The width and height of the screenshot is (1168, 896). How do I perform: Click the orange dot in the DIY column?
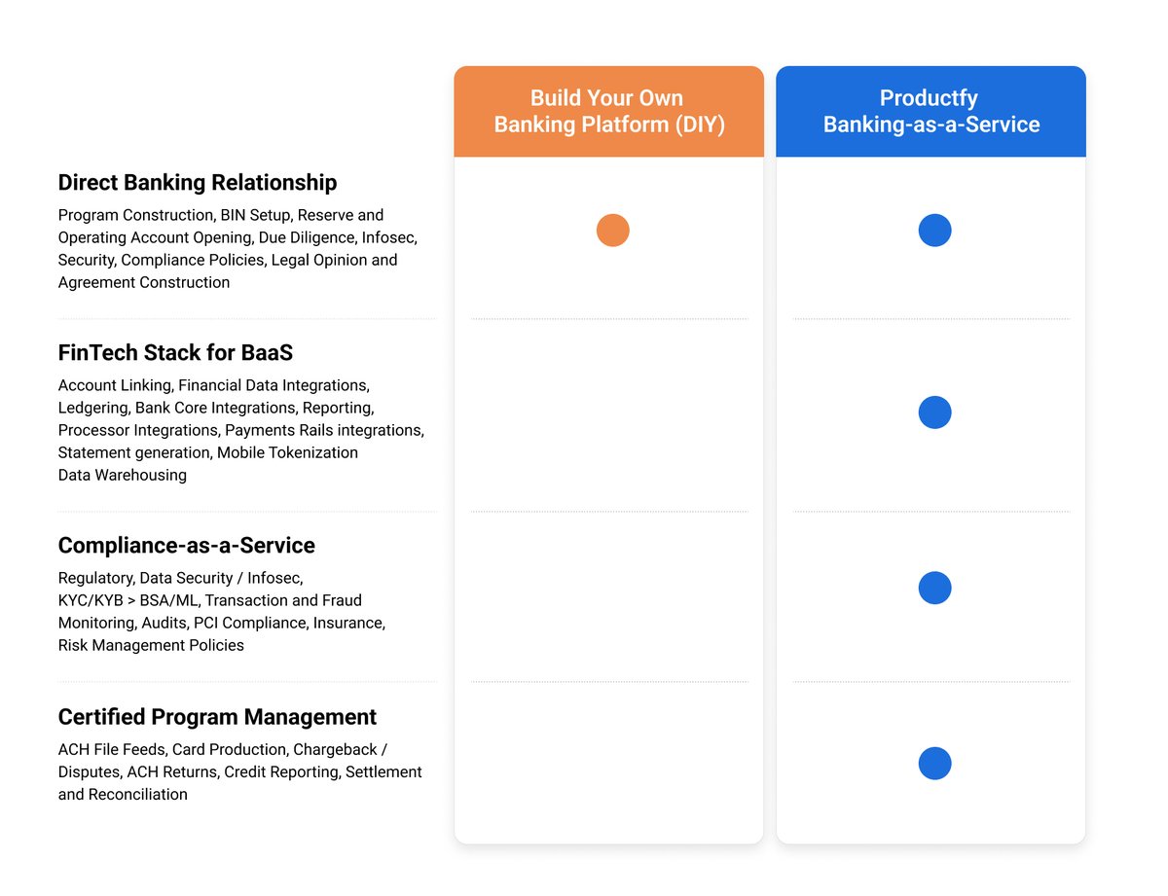(612, 231)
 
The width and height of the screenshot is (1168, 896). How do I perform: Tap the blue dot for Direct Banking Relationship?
(934, 231)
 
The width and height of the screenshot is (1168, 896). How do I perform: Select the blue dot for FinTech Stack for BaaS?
(934, 412)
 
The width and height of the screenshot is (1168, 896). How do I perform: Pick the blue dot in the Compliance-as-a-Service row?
(934, 588)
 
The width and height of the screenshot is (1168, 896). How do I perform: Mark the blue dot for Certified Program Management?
(934, 764)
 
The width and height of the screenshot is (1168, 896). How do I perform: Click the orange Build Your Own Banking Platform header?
(608, 111)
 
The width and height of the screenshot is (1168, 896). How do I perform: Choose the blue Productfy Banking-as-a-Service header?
(931, 111)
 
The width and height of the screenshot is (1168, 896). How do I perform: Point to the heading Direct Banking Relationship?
(198, 183)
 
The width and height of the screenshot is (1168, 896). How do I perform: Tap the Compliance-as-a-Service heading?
(187, 545)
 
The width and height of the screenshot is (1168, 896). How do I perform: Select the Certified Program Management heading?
(217, 717)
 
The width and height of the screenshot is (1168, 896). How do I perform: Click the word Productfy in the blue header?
(929, 98)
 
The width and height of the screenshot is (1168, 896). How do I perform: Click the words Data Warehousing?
(122, 476)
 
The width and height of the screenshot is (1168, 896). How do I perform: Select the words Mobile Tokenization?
(287, 453)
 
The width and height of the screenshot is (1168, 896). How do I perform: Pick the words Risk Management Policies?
(151, 645)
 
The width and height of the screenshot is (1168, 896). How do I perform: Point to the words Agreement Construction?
(144, 283)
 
